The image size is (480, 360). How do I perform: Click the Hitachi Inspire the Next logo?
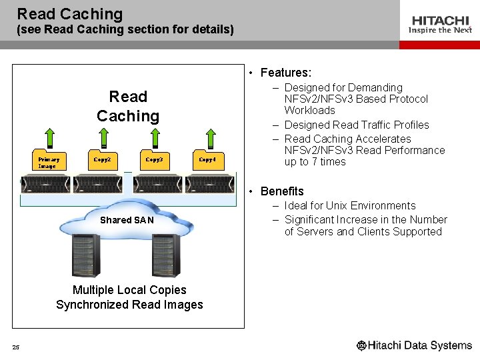click(439, 25)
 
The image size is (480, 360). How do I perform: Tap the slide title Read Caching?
click(70, 13)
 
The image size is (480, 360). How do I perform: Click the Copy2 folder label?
click(102, 159)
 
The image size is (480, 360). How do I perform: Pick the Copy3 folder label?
click(154, 159)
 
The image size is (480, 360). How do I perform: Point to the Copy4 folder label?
click(207, 159)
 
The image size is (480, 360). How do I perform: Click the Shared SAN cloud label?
click(127, 220)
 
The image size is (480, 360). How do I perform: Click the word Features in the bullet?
click(285, 73)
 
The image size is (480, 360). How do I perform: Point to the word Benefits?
click(282, 191)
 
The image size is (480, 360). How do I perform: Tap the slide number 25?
click(15, 347)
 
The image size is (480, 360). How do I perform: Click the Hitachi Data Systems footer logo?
click(414, 345)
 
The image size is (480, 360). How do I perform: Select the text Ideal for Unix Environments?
click(350, 205)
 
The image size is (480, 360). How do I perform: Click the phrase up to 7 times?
click(315, 162)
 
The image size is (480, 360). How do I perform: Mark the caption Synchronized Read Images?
click(129, 305)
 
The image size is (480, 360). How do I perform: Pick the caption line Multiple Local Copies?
click(129, 290)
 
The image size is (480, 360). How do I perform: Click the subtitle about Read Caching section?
click(125, 30)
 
